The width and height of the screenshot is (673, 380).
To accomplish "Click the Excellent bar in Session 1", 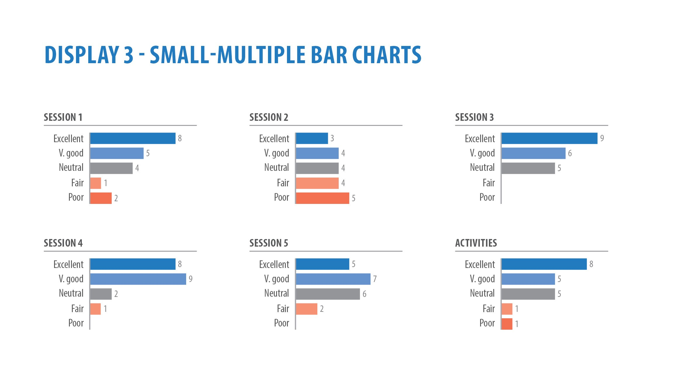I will click(133, 138).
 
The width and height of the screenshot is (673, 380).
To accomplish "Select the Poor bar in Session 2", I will click(322, 198).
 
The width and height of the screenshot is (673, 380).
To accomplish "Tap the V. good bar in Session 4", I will click(138, 279).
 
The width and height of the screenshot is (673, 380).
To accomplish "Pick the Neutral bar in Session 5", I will click(328, 294).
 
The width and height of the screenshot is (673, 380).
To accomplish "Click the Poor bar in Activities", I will click(507, 324).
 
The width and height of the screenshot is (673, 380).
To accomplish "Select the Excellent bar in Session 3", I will click(549, 138).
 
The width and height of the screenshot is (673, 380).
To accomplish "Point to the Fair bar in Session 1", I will click(96, 183).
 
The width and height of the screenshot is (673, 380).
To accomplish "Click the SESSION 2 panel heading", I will click(269, 117).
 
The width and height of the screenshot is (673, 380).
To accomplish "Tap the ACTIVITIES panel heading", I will click(476, 243).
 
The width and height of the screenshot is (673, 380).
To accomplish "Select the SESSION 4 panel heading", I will click(63, 243).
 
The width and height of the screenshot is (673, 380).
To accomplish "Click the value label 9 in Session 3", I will click(602, 138).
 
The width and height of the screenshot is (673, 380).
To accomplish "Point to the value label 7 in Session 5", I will click(375, 279).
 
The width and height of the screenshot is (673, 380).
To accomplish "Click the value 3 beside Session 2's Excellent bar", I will click(332, 138).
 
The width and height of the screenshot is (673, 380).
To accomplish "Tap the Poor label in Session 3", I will click(487, 197).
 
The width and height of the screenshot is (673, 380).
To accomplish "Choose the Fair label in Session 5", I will click(283, 309).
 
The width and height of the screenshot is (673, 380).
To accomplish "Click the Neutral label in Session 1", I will click(71, 168).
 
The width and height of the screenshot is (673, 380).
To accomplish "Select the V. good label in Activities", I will click(482, 279).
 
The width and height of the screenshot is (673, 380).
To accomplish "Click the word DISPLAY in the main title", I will click(81, 55).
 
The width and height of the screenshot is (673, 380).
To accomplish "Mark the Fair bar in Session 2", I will click(317, 183).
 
